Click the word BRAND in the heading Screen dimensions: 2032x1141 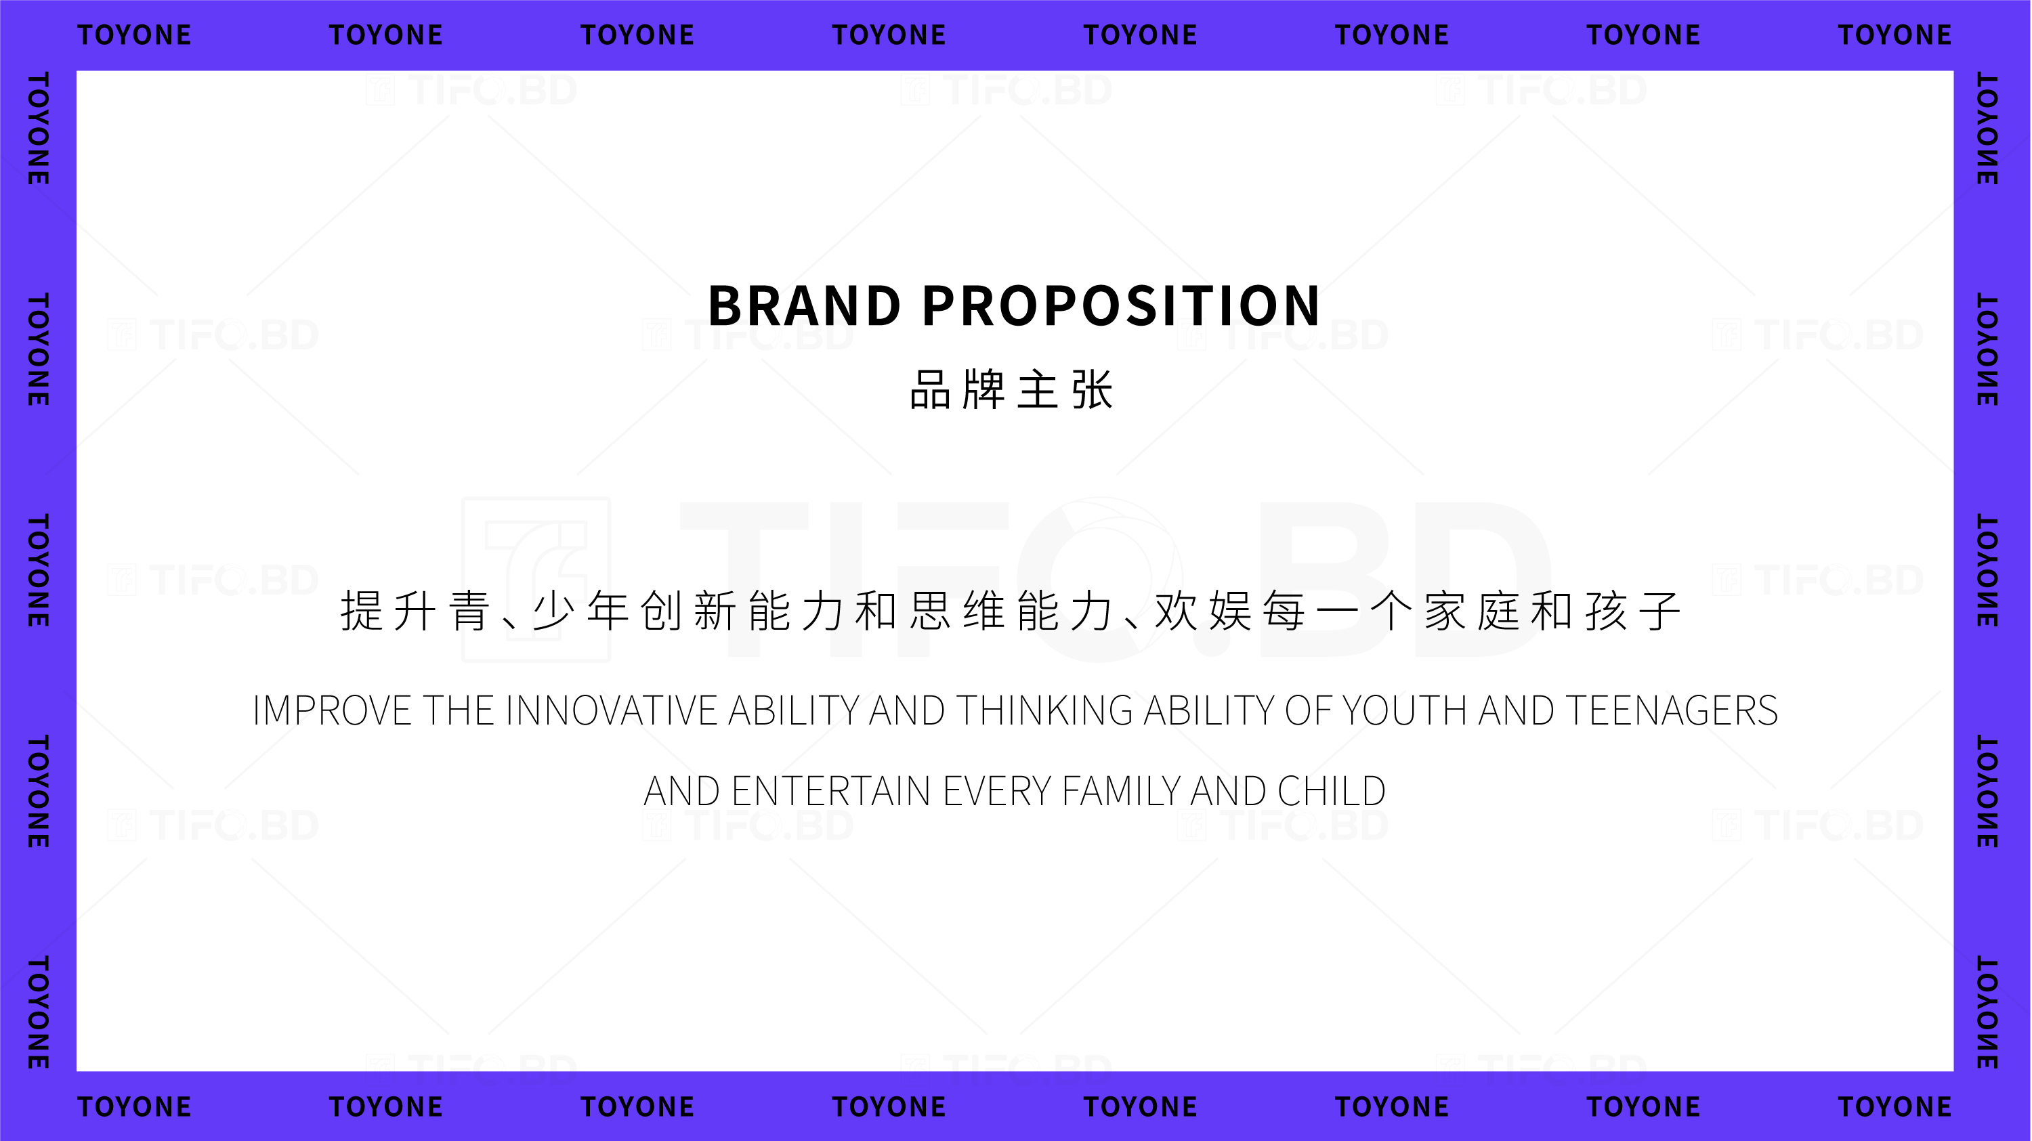805,306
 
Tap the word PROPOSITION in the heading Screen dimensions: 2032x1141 1121,306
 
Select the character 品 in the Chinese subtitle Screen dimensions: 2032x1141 931,390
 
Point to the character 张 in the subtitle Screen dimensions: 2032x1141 1093,390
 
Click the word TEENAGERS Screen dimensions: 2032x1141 1672,710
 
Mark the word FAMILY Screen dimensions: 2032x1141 1121,791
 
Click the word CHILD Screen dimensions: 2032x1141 1332,791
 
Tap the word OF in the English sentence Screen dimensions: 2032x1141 1308,710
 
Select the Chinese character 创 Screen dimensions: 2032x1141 661,611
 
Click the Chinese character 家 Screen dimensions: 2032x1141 1445,611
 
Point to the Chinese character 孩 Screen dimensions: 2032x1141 1606,611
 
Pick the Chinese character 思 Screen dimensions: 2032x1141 931,611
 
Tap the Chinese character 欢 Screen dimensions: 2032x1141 1176,611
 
